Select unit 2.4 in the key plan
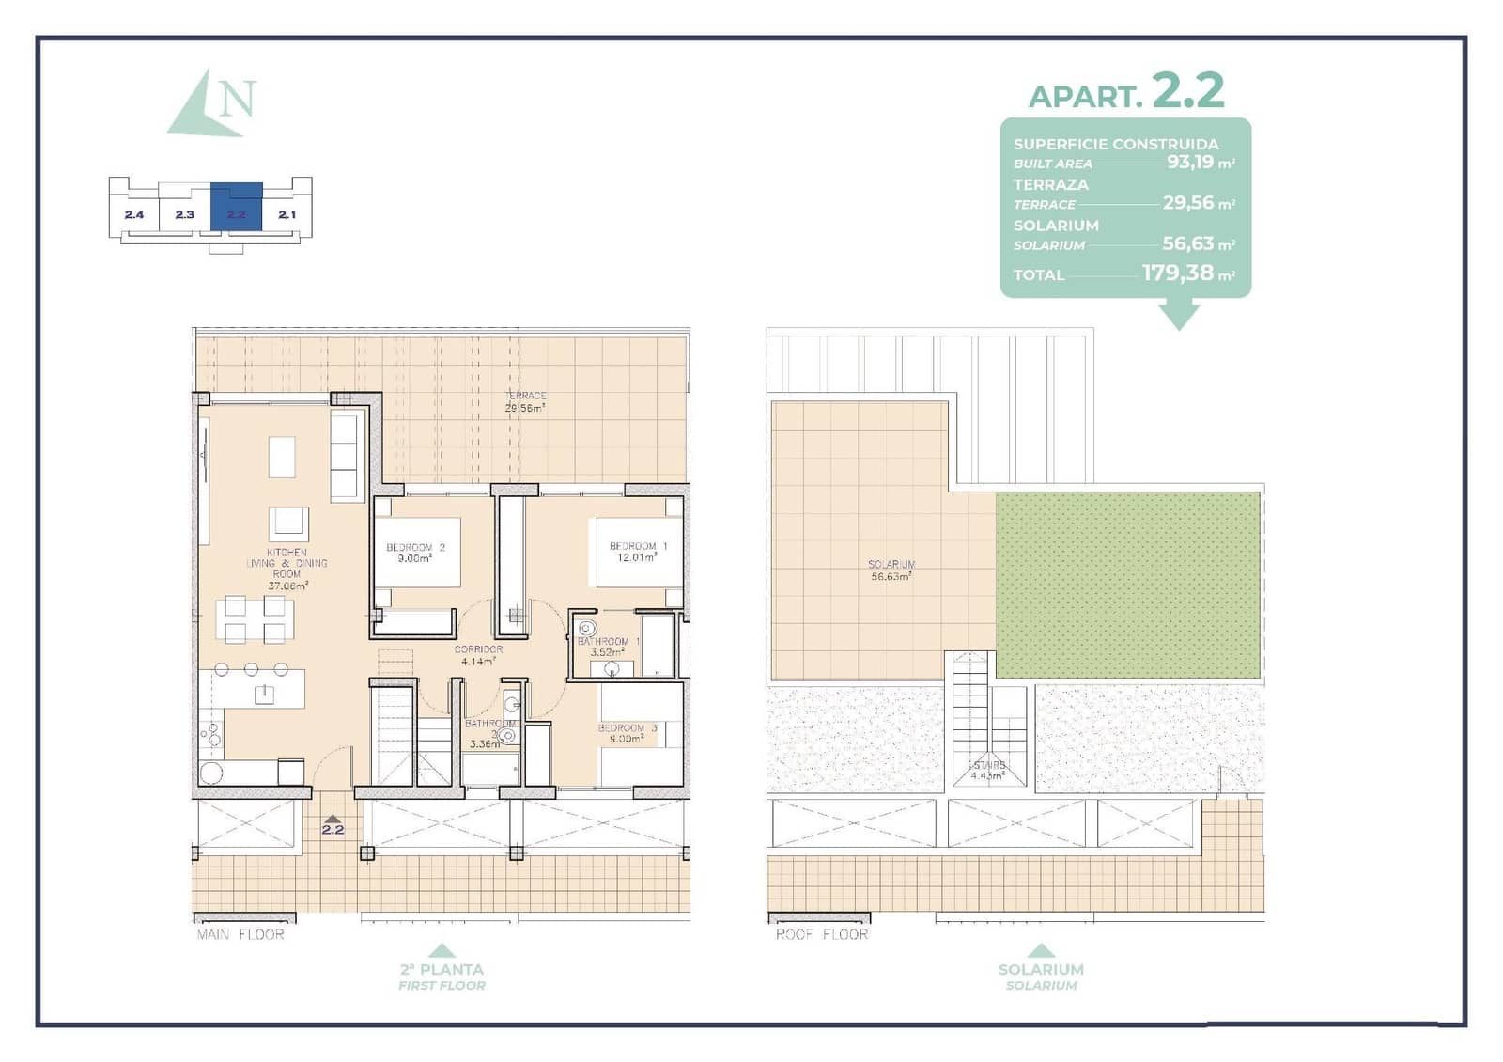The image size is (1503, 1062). [x=133, y=214]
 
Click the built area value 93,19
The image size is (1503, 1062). [x=1189, y=162]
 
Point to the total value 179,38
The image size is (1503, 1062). [x=1177, y=273]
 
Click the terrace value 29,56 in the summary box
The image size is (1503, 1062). [x=1187, y=203]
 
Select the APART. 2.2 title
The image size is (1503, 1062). [x=1126, y=92]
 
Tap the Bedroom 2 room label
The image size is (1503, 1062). [x=415, y=552]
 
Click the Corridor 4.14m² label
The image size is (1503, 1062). [x=478, y=655]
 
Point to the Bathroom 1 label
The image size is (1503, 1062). [x=608, y=646]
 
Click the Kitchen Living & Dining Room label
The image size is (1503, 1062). [x=287, y=569]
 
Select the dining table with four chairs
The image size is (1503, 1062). [x=255, y=619]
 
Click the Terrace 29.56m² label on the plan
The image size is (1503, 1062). [x=526, y=402]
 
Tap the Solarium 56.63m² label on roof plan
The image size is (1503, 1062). [x=891, y=570]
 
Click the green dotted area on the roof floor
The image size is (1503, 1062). [x=1127, y=584]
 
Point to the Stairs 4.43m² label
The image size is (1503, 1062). [x=987, y=771]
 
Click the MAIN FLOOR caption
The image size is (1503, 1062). [x=240, y=934]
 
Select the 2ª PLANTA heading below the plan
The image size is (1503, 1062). [x=442, y=969]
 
